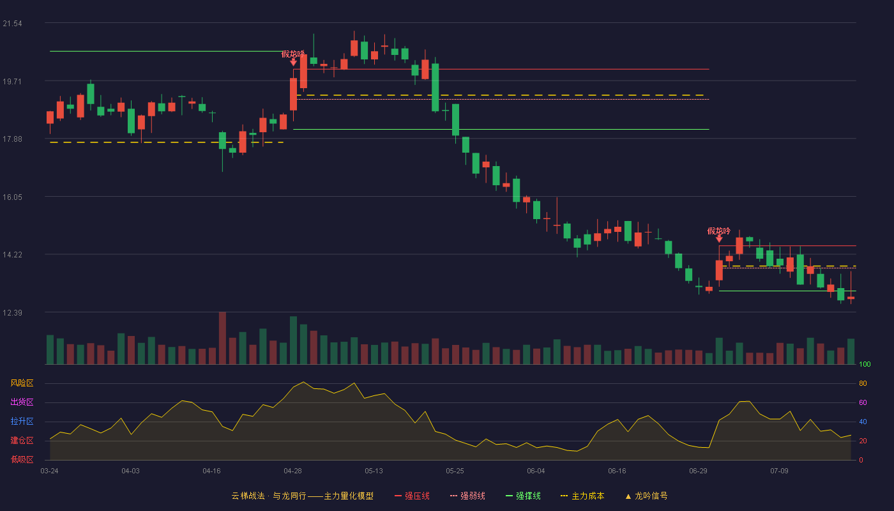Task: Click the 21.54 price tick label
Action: tap(12, 24)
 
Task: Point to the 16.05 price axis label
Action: tap(12, 197)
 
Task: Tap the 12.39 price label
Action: tap(12, 312)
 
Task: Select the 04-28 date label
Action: tap(292, 471)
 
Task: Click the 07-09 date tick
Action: tap(779, 471)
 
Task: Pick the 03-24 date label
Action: tap(50, 471)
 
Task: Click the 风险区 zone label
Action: tap(22, 383)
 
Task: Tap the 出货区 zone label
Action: tap(22, 402)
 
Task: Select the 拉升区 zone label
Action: tap(22, 421)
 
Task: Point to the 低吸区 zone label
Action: tap(22, 459)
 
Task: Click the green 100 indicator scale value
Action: tap(865, 364)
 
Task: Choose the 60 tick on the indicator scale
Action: tap(863, 402)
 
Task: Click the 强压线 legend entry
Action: tap(412, 496)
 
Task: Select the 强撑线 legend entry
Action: tap(523, 496)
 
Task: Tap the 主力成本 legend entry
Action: tap(582, 496)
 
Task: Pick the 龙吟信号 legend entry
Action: tap(646, 496)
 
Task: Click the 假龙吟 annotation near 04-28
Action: tap(293, 54)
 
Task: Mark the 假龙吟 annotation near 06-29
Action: tap(719, 231)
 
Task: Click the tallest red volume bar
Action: tap(222, 338)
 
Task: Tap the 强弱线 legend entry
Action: tap(467, 496)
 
